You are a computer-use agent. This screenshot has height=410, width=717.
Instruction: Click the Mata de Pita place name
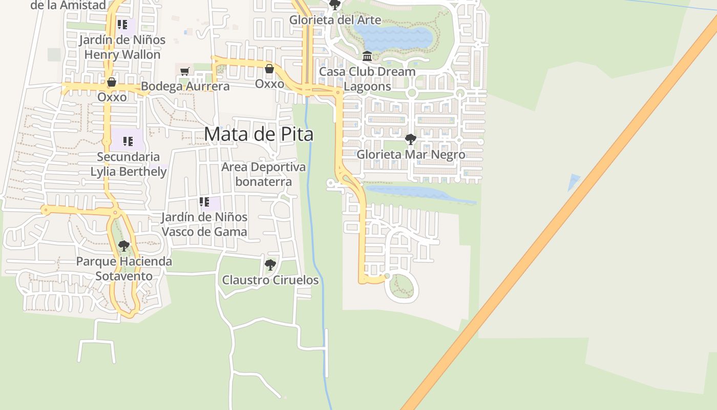[259, 134]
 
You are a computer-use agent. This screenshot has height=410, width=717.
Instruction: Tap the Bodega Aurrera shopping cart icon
[185, 71]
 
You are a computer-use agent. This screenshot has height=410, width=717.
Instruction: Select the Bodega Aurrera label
[185, 86]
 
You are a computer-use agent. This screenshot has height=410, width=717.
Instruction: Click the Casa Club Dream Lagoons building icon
[367, 56]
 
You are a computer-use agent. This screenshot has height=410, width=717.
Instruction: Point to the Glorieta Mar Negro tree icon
[410, 139]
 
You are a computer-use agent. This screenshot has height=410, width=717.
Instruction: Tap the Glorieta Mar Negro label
[411, 154]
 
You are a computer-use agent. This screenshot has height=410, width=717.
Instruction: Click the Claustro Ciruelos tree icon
[270, 265]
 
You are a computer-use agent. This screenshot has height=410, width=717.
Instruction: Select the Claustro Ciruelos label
[270, 280]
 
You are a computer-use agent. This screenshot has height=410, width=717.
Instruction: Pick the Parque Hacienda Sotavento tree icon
[123, 246]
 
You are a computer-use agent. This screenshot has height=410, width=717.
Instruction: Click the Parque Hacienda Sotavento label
[124, 269]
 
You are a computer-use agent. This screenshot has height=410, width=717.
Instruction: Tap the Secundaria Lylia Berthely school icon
[128, 141]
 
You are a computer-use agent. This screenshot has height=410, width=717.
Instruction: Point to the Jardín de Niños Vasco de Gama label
[204, 224]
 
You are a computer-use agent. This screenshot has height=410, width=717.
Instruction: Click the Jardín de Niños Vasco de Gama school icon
[204, 202]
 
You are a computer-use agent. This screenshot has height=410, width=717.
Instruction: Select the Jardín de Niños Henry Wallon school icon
[122, 24]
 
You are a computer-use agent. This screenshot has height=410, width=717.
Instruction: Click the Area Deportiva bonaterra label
[263, 174]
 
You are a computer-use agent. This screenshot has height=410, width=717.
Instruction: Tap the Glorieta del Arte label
[335, 20]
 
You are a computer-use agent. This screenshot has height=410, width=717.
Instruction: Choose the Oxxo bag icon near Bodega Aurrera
[269, 69]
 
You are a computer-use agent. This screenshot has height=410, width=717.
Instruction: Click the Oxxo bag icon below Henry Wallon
[112, 82]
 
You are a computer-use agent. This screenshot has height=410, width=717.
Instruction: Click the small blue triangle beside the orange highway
[574, 182]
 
